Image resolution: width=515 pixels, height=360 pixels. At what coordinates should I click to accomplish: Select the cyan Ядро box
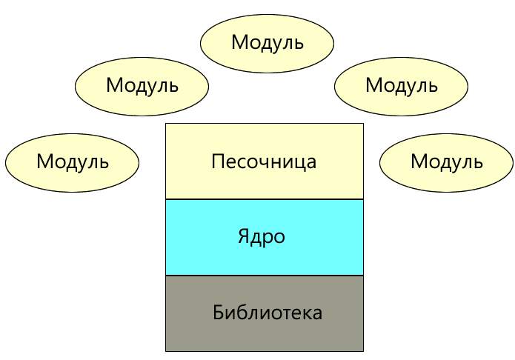pos(265,256)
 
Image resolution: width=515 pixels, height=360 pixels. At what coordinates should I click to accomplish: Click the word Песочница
pos(265,161)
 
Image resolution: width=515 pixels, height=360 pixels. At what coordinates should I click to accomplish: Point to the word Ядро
pos(262,237)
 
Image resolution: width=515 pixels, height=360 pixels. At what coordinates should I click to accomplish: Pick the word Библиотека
pos(268,313)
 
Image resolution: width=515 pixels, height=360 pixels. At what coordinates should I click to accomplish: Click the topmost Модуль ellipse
pos(267,42)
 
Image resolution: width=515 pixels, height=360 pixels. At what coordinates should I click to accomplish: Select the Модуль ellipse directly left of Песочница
pos(72,161)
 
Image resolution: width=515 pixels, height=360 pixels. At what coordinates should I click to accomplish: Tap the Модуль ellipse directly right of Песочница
pos(446,161)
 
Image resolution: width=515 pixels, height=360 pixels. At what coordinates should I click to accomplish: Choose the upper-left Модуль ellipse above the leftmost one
pos(142,85)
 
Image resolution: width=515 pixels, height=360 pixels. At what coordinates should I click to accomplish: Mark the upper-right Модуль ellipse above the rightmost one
pos(401,85)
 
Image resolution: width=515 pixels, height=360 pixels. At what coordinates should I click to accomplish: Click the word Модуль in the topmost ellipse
pos(267,42)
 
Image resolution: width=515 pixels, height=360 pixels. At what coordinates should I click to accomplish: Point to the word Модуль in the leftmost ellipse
pos(72,161)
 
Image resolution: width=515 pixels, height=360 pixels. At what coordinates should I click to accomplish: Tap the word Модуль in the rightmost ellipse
pos(446,161)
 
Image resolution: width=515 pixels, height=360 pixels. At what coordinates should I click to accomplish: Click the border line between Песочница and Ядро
pos(265,199)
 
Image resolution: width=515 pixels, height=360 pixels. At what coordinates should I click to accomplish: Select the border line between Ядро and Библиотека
pos(265,276)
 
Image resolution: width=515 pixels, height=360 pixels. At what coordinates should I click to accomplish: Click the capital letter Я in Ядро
pos(243,237)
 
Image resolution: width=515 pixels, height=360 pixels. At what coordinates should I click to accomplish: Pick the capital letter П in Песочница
pos(217,161)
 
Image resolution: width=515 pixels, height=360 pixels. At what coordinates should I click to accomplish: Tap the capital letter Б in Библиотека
pos(218,312)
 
